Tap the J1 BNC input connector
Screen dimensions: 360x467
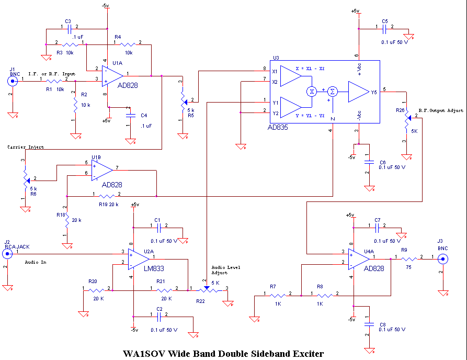tap(13, 81)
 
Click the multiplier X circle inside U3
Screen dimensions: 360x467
tap(312, 91)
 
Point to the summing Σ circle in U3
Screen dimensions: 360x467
tap(333, 91)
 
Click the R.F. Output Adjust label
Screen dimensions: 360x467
tap(440, 111)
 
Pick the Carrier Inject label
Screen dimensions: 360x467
tap(26, 147)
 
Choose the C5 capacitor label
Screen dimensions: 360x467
tap(384, 21)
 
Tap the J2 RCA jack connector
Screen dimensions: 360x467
tap(7, 254)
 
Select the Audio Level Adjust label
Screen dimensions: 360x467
tap(225, 270)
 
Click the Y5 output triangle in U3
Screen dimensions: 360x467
tap(359, 92)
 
